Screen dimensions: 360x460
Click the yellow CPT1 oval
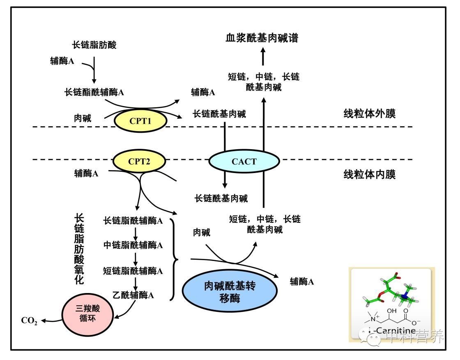point(141,121)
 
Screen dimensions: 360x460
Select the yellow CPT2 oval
point(139,161)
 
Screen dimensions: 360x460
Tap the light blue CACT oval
point(244,161)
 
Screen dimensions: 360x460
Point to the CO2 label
point(30,321)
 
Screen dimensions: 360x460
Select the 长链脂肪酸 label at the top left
point(94,45)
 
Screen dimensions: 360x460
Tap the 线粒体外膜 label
point(369,114)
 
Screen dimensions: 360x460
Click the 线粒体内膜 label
point(369,175)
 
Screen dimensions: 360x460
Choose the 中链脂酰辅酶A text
point(133,245)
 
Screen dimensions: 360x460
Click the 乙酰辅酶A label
point(133,295)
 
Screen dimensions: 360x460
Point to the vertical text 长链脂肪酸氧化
point(79,249)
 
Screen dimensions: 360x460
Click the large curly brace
point(174,260)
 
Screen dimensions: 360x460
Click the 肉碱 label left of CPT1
point(82,118)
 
